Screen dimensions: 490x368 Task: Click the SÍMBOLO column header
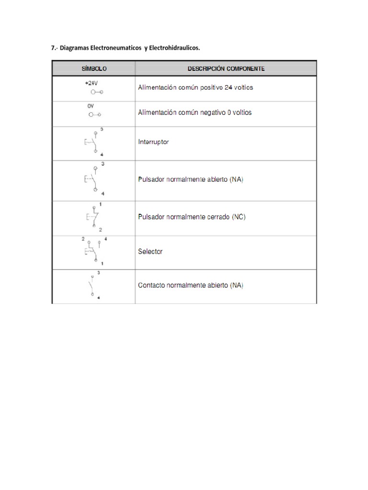click(x=93, y=69)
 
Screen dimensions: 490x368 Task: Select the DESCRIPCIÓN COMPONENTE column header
click(x=226, y=69)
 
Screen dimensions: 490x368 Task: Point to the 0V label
click(x=91, y=107)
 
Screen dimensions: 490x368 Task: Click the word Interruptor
click(x=153, y=142)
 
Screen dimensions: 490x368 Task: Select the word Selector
click(x=150, y=251)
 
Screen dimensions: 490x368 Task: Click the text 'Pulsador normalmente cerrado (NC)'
click(x=192, y=217)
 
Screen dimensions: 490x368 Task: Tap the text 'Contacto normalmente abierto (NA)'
click(x=191, y=286)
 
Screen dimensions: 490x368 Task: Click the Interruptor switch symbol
click(x=93, y=142)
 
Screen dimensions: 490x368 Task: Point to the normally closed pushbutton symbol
click(x=93, y=217)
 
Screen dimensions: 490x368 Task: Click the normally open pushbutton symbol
click(x=93, y=179)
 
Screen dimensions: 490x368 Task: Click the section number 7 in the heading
click(x=53, y=48)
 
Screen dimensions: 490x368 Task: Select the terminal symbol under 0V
click(x=94, y=115)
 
